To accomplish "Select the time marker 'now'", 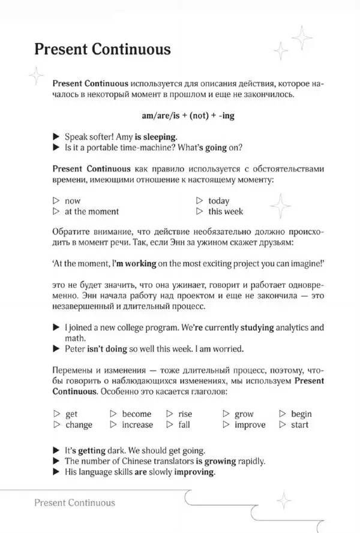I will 72,201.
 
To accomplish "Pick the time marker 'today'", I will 218,201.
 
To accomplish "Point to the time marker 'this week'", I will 226,211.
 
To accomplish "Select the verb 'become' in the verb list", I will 136,414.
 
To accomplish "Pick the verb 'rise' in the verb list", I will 185,414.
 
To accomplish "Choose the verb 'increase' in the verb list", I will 137,424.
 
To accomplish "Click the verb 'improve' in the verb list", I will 250,424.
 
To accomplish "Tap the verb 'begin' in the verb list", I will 301,414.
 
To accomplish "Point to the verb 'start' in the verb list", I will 299,424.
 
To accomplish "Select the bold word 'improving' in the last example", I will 194,472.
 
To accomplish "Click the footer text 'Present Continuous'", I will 75,502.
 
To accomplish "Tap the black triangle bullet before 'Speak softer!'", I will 56,136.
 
